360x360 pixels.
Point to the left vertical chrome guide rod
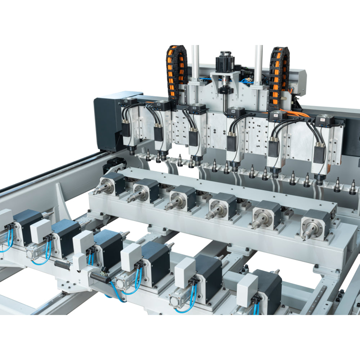pyautogui.click(x=195, y=65)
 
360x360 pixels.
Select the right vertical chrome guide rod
pyautogui.click(x=258, y=65)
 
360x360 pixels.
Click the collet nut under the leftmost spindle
pyautogui.click(x=132, y=152)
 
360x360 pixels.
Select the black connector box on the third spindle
pyautogui.click(x=193, y=139)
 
